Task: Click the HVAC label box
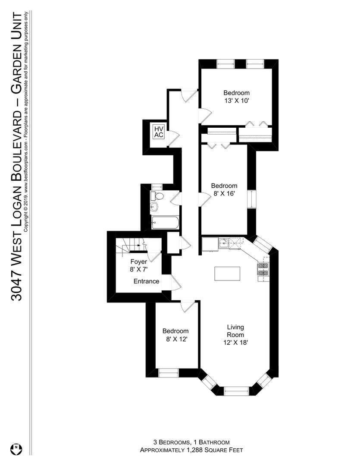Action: pos(159,131)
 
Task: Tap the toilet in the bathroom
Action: pos(157,196)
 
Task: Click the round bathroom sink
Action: pos(154,207)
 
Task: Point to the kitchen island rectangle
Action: pos(227,274)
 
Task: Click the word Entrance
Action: pos(146,281)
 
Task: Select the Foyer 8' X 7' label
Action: pos(139,265)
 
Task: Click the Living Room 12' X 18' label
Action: pos(235,335)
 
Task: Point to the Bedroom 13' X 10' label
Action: pos(236,97)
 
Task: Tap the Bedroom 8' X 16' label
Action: pos(224,189)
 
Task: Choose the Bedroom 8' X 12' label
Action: pos(175,335)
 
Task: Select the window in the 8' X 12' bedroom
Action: pos(169,373)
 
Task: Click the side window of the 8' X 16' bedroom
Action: pos(252,199)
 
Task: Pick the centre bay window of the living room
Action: pos(236,391)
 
